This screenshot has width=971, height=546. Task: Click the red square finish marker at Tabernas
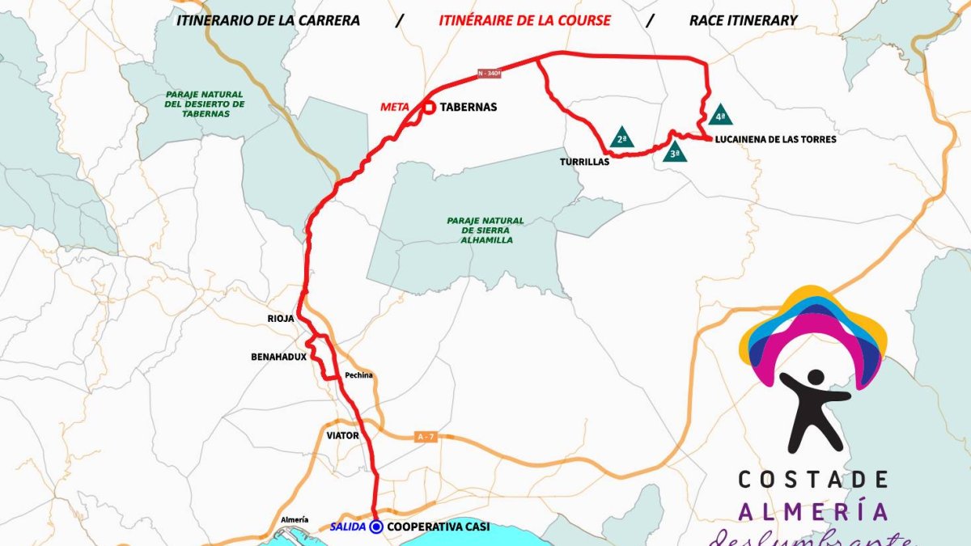[x=429, y=107]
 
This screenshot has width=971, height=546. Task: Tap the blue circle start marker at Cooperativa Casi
[x=376, y=527]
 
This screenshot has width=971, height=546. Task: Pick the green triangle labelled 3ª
[x=675, y=151]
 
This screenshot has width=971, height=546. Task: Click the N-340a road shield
[x=489, y=73]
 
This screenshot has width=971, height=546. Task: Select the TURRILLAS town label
[x=583, y=162]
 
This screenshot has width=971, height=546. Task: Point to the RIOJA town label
[x=282, y=319]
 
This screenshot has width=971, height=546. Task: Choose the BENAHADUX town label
[x=278, y=356]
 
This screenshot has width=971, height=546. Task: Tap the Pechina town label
[x=358, y=375]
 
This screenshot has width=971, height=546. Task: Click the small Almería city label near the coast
[x=294, y=519]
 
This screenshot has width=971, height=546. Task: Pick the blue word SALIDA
[x=348, y=527]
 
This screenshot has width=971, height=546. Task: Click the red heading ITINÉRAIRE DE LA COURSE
[x=524, y=20]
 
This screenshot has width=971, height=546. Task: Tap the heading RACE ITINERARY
[x=743, y=20]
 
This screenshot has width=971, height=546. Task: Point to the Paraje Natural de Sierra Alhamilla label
[x=485, y=230]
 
